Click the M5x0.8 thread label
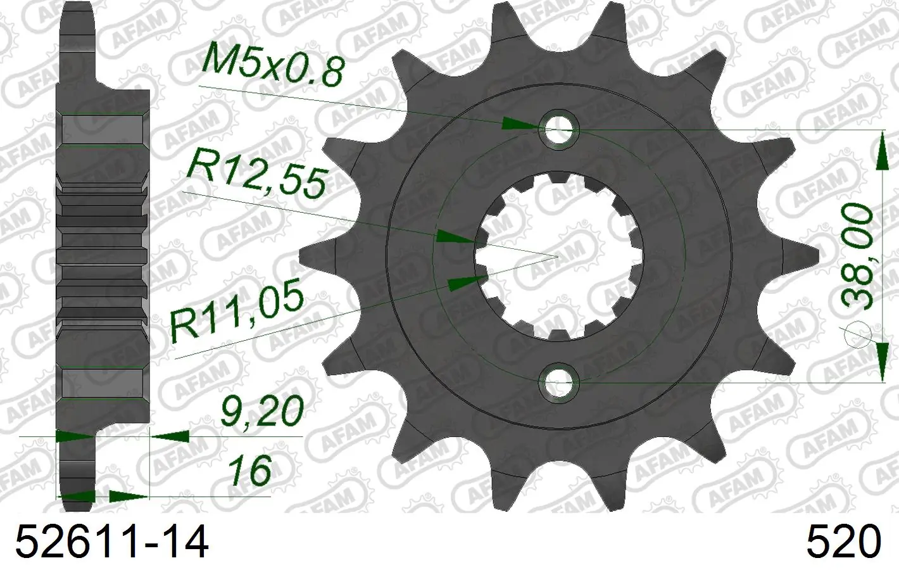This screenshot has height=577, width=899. [x=273, y=63]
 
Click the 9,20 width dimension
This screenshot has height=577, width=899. [x=261, y=410]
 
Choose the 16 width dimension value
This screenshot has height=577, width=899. [x=249, y=470]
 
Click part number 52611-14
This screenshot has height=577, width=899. [x=112, y=542]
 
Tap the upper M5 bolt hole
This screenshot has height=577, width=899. [x=560, y=129]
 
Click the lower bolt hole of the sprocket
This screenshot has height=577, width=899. [x=560, y=382]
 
